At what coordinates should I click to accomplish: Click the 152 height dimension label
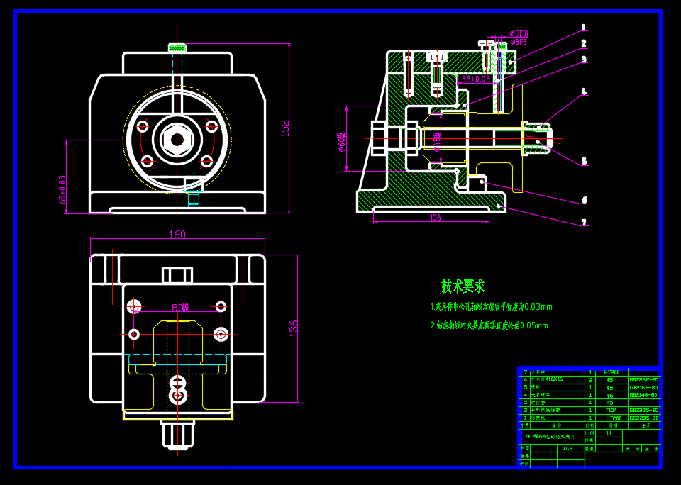285,128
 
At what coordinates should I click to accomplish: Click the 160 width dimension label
177,235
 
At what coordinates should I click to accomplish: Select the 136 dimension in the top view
294,328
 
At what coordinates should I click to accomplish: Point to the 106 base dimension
435,218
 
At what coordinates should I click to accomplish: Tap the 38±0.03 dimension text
476,79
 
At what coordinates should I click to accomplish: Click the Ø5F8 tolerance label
519,34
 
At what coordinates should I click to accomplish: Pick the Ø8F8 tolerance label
519,43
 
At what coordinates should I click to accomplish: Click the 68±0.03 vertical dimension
62,189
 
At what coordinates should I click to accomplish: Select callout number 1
584,28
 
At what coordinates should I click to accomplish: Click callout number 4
584,91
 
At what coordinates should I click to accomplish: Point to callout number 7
584,223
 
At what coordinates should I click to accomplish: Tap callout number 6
584,201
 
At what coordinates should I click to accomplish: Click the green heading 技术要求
463,286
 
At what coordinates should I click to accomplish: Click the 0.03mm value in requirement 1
537,308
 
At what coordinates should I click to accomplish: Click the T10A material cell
611,410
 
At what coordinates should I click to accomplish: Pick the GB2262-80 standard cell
644,379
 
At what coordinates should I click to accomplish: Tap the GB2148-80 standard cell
644,395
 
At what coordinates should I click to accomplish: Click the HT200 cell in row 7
611,372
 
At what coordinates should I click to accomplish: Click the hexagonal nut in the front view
177,139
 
